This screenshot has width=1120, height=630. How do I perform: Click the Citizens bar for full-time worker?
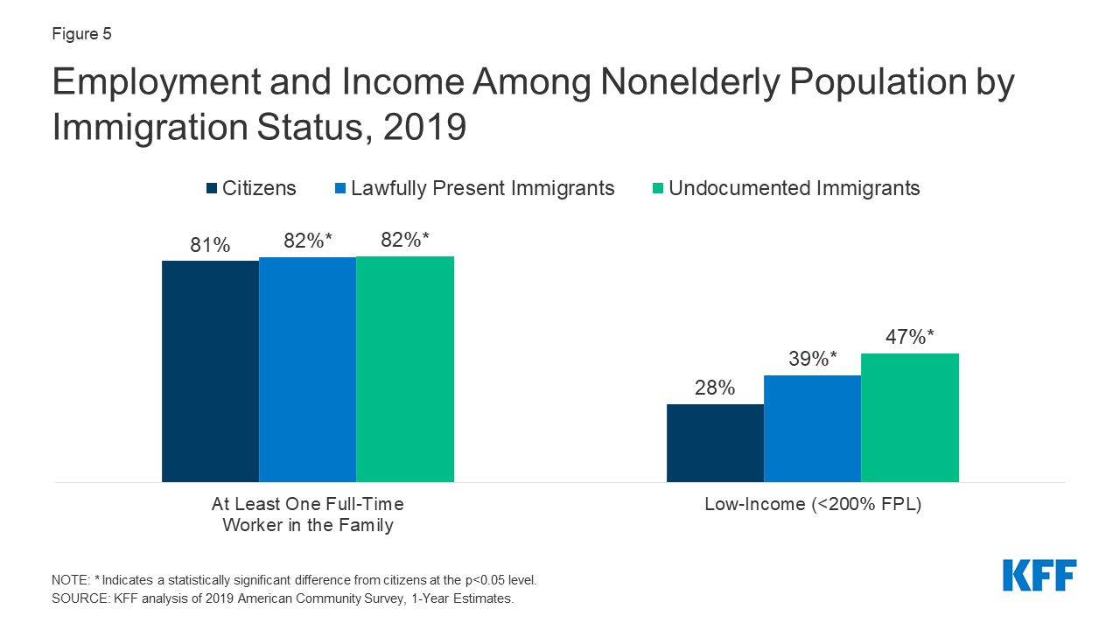point(210,371)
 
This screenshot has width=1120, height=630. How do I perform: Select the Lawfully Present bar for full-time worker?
point(307,369)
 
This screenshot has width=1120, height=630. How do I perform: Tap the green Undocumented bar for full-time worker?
point(405,368)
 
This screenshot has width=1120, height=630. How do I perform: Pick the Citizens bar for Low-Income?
point(715,443)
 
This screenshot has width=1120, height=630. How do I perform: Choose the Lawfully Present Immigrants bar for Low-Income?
point(812,429)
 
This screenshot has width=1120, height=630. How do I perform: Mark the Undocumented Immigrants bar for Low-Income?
point(910,417)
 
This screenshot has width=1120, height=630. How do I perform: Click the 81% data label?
point(210,246)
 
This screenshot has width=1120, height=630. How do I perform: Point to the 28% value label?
point(715,388)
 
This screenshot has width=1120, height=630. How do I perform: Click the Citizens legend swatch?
point(212,188)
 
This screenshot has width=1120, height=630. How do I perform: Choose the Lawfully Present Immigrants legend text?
point(482,188)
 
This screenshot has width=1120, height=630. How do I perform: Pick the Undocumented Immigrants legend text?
point(794,188)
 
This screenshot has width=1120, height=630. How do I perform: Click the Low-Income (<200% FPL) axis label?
point(813,505)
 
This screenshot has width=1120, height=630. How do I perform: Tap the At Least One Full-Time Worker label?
point(307,514)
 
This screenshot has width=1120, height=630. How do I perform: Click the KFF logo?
point(1039,575)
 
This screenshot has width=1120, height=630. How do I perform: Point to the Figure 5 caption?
point(82,35)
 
